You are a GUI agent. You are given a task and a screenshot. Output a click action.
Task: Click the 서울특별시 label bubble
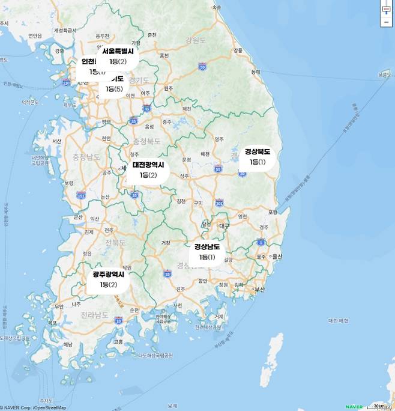118,56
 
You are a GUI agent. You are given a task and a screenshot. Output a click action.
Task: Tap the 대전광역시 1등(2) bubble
148,169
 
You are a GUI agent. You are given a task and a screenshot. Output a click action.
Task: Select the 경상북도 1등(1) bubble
258,157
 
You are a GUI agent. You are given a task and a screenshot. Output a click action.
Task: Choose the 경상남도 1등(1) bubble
207,252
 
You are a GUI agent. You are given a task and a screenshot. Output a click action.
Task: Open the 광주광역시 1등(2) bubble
109,279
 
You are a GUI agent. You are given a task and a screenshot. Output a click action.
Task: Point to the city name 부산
259,289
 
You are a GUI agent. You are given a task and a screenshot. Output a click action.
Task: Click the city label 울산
277,257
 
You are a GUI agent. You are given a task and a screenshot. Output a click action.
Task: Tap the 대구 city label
225,226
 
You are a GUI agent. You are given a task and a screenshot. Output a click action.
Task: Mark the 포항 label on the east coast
273,212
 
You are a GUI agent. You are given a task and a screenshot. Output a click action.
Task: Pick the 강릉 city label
238,50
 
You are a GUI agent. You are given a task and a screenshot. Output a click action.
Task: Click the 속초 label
216,8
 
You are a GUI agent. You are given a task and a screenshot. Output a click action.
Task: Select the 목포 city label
53,323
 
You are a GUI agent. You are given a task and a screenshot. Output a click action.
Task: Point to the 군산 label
77,217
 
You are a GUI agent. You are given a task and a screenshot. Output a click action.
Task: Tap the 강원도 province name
196,41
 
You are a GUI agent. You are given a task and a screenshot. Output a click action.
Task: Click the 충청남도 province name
86,157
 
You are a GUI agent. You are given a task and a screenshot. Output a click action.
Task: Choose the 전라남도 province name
95,314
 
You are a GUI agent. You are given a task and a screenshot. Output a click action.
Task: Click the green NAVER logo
354,407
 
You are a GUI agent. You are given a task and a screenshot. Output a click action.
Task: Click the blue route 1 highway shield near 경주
261,242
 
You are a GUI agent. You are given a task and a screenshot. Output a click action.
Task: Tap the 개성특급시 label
65,29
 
